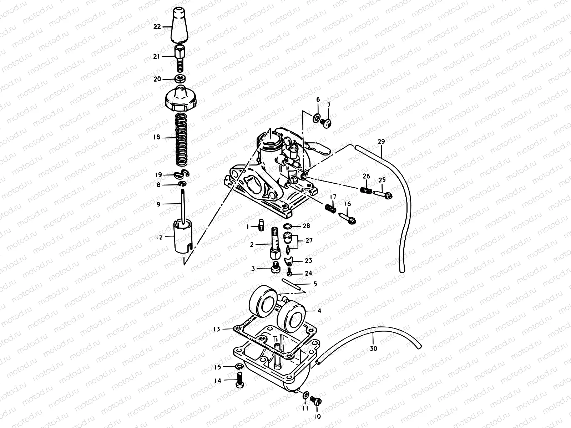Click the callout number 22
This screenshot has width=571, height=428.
pos(157,26)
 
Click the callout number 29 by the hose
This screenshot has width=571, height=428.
pos(381,142)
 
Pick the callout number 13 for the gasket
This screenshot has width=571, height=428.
pos(217,329)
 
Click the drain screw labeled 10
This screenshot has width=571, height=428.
pos(316,401)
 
